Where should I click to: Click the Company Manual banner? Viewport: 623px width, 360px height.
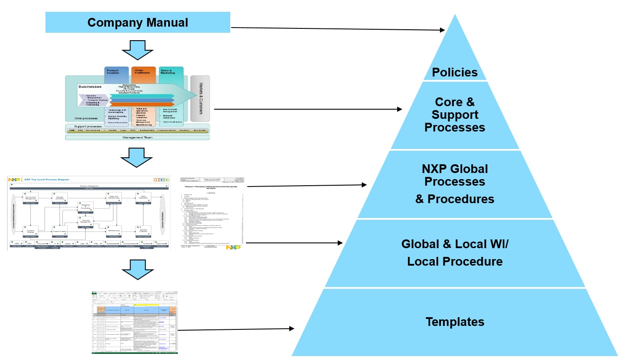tap(138, 22)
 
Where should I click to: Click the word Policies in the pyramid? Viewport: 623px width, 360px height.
tap(455, 72)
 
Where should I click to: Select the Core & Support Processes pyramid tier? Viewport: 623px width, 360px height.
tap(455, 114)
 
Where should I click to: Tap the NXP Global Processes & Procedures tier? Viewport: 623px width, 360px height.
tap(455, 183)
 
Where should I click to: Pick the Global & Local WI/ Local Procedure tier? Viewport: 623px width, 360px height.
tap(455, 253)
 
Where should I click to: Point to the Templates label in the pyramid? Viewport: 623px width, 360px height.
tap(455, 322)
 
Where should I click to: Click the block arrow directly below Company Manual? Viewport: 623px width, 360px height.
tap(137, 49)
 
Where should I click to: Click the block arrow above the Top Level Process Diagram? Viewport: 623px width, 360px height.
tap(137, 158)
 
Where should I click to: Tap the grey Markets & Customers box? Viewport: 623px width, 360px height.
tap(200, 98)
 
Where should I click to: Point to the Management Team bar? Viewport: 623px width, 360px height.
tap(137, 137)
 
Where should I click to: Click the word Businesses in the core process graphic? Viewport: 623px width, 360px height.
tap(90, 87)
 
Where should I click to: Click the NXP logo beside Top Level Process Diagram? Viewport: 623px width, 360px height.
tap(14, 180)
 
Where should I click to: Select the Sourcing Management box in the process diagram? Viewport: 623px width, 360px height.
tap(86, 222)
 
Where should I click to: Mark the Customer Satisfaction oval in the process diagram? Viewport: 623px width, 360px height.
tap(163, 214)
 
